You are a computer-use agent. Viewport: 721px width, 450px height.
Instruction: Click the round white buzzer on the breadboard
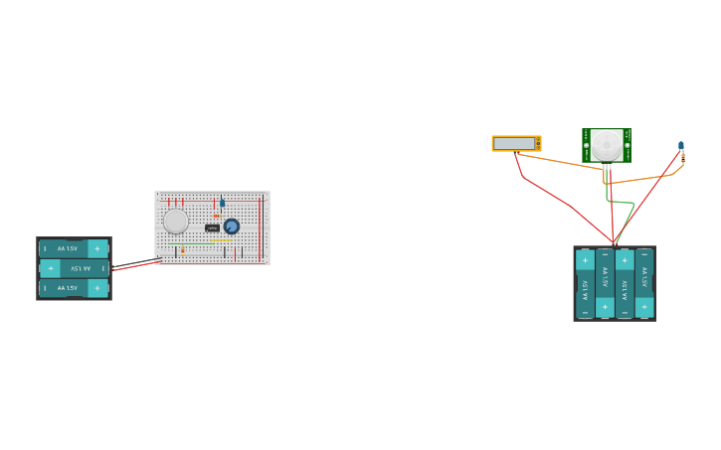pos(176,221)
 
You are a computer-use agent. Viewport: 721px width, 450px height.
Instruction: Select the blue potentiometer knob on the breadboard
pos(232,226)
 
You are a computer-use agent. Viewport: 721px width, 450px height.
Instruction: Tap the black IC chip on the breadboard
pos(212,228)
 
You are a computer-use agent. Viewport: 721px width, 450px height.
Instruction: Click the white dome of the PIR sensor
pos(607,144)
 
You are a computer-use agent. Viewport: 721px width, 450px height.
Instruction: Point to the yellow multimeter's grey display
pos(514,144)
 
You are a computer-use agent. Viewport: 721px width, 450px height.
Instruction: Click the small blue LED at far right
pos(681,145)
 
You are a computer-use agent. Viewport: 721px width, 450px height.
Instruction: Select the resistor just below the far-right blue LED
pos(682,157)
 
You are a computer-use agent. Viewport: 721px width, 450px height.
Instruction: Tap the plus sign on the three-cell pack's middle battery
pos(51,268)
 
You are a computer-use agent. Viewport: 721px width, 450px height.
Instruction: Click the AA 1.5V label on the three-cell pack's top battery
pos(68,248)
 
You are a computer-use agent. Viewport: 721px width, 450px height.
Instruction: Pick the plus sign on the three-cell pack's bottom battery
pos(96,288)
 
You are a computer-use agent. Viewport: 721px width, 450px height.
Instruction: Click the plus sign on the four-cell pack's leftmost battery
pos(585,260)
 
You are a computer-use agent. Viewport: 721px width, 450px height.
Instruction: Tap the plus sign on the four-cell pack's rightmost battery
pos(644,306)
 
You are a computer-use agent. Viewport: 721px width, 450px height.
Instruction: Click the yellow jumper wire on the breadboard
pos(221,240)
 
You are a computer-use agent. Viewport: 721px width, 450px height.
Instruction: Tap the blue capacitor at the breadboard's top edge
pos(222,202)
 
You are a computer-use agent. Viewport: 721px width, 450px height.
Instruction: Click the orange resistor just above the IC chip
pos(217,216)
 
